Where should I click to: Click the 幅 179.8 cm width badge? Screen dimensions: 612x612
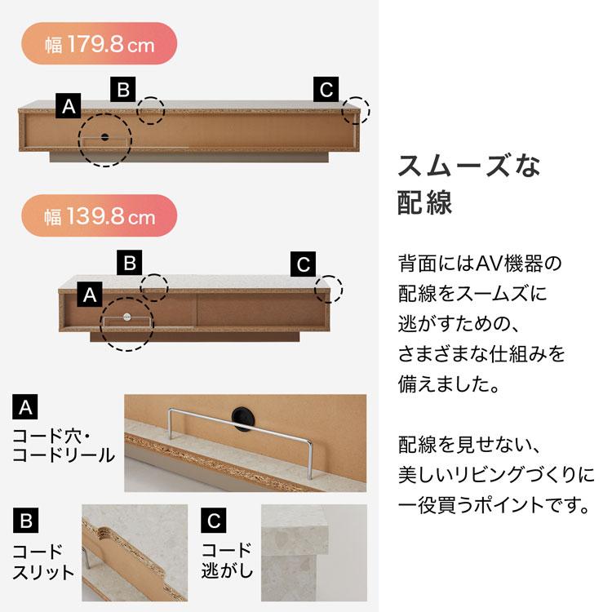click(x=100, y=44)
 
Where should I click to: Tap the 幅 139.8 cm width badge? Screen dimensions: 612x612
click(x=100, y=217)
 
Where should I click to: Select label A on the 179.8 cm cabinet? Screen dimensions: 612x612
click(x=69, y=104)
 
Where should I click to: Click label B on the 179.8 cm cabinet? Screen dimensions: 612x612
click(x=122, y=89)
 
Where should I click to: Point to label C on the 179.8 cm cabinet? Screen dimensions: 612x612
click(x=326, y=89)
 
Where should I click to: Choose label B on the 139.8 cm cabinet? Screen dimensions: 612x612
click(x=129, y=264)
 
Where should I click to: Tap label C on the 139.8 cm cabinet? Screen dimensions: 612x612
click(x=303, y=264)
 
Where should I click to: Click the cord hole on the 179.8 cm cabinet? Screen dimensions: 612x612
click(x=105, y=138)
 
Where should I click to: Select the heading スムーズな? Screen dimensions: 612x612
click(x=469, y=166)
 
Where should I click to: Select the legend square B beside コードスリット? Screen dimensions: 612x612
click(x=26, y=519)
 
